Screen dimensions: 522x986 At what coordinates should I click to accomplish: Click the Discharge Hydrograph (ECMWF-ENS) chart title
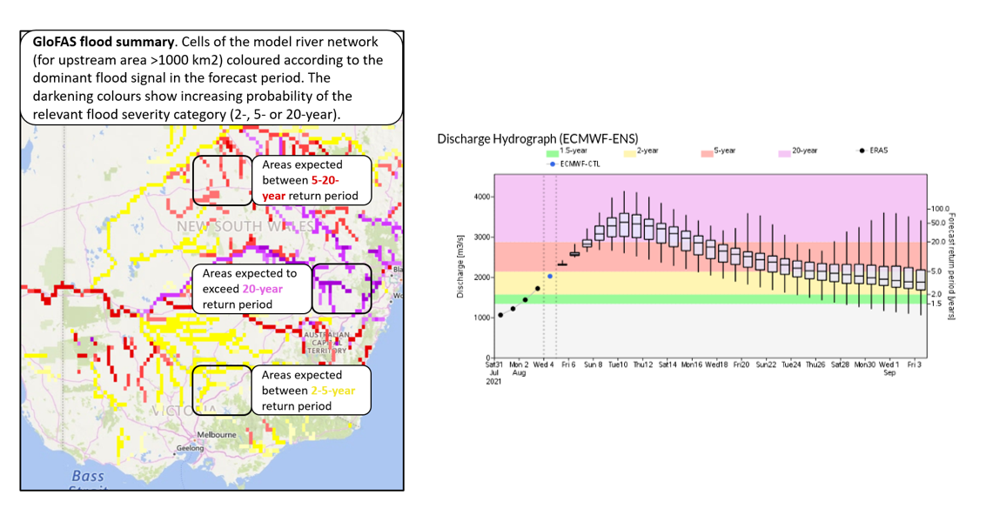tap(537, 137)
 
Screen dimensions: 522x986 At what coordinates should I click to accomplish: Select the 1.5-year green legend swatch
tap(552, 151)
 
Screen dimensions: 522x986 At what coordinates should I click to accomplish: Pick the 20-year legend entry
tap(808, 151)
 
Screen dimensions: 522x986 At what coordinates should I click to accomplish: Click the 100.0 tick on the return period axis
tap(940, 210)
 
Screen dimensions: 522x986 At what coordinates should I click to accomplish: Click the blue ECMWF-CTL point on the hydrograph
tap(550, 276)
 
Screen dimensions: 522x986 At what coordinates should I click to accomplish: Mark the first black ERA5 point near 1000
tap(500, 315)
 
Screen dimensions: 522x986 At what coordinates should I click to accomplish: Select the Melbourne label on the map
tap(217, 434)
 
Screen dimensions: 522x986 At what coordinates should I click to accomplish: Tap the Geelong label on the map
tap(190, 448)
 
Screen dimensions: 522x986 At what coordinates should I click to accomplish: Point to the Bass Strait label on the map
tap(88, 476)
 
